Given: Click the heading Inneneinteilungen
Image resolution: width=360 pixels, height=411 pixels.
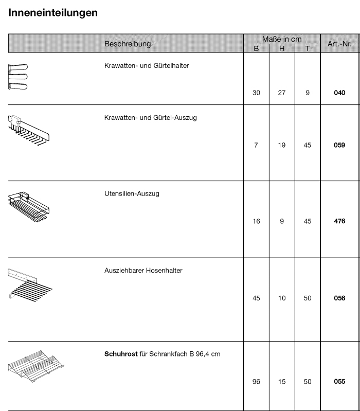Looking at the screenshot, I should pos(53,13).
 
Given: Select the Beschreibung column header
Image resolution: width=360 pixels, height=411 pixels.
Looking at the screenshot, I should pos(128,44).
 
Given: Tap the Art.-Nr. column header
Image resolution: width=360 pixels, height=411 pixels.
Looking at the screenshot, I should pos(339,44).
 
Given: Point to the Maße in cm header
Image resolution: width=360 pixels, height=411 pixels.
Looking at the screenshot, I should pos(281,39).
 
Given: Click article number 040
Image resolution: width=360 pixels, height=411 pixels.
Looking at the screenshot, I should pos(339,93).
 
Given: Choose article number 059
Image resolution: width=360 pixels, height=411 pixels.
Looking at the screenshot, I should pos(339,145).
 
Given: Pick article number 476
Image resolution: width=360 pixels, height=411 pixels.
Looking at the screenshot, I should pos(339,221).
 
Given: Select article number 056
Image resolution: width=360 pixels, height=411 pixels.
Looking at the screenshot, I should pos(339,298).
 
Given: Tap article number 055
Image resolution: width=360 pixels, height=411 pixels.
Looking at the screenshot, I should pos(339,382).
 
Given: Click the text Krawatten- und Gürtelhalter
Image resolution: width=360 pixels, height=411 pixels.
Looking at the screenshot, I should pos(142,65).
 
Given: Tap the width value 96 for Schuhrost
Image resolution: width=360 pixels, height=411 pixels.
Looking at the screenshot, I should pos(256,382).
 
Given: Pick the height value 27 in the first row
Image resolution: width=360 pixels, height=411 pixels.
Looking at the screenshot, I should pos(282,93).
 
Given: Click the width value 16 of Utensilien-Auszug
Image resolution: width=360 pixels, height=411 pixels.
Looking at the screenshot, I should pos(256,221).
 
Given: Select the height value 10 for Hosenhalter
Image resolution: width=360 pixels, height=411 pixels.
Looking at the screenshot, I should pos(282,298).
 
